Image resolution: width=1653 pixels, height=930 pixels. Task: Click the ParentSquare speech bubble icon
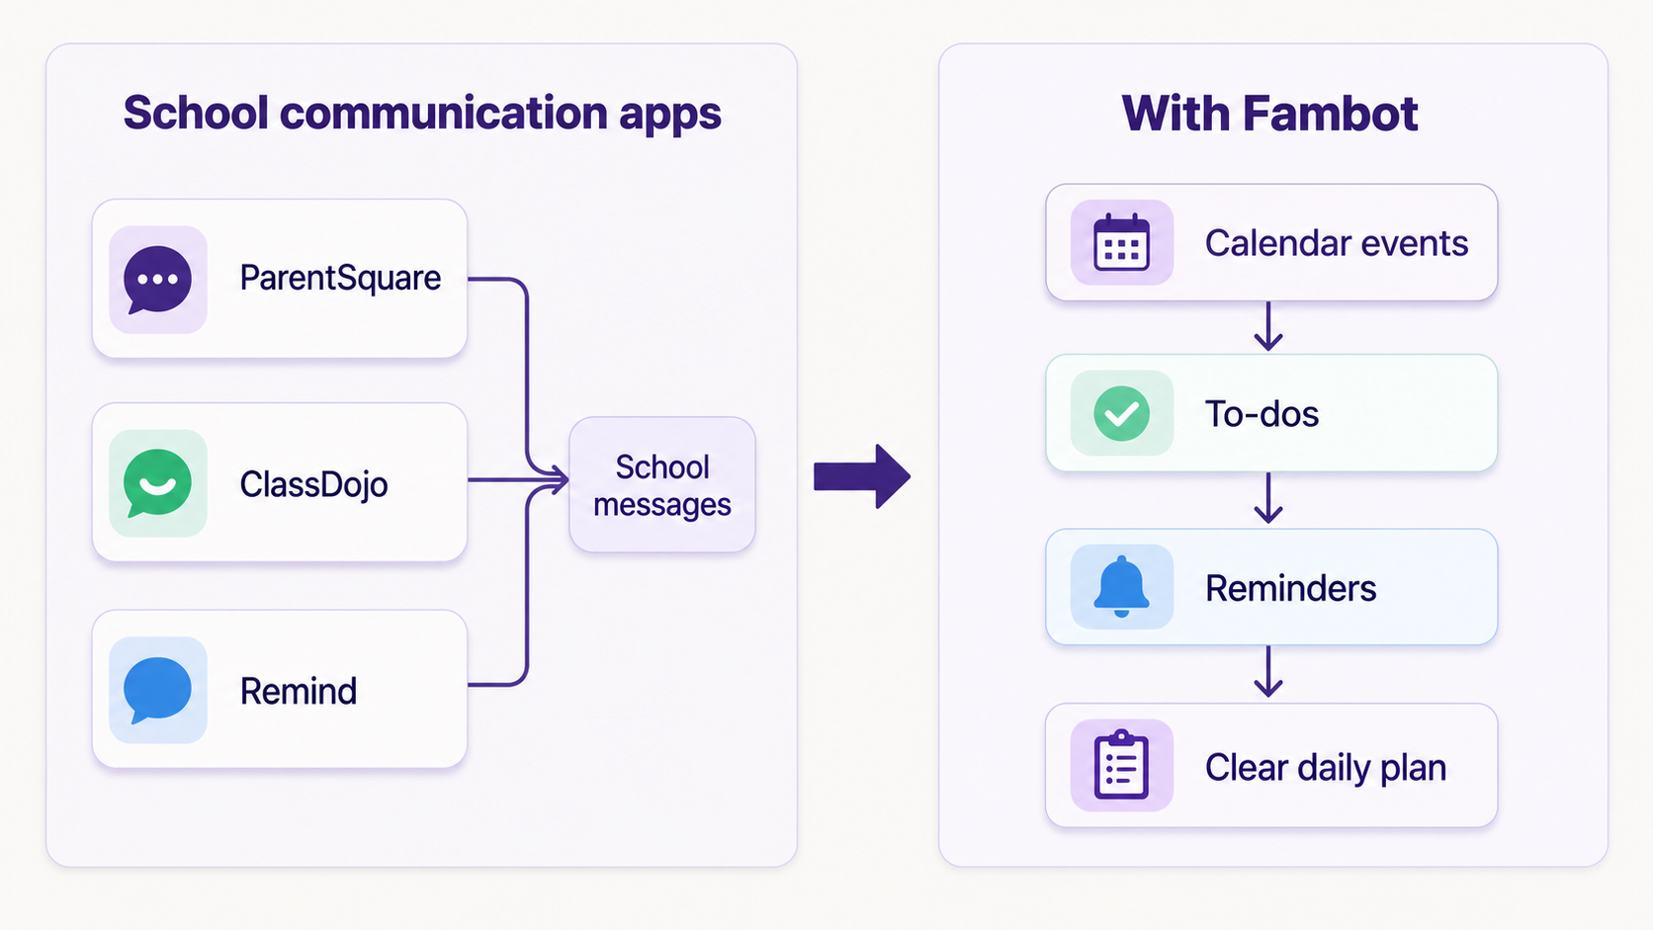tap(157, 280)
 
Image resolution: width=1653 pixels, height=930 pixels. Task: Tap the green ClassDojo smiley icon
tap(157, 484)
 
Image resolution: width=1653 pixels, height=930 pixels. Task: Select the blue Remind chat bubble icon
tap(157, 690)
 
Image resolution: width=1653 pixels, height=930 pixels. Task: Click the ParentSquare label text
tap(340, 279)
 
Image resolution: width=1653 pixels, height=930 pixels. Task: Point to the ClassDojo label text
tap(313, 484)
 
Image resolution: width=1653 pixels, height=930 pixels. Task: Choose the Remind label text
tap(299, 691)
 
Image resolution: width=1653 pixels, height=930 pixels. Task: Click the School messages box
tap(662, 484)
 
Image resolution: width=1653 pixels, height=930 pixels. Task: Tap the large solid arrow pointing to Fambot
tap(862, 476)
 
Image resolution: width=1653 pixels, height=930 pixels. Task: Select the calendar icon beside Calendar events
tap(1122, 243)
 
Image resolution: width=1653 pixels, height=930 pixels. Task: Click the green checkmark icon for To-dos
tap(1122, 414)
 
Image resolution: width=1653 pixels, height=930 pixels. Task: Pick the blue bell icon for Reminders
tap(1122, 587)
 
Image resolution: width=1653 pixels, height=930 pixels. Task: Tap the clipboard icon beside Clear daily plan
tap(1122, 766)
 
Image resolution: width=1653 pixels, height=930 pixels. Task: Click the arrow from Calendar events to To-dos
tap(1268, 326)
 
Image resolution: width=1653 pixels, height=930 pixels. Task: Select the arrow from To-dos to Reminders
tap(1268, 498)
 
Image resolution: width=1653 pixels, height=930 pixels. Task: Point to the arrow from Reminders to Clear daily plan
tap(1268, 672)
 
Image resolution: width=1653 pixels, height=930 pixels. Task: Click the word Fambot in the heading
tap(1330, 114)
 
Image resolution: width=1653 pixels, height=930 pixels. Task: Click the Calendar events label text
tap(1337, 243)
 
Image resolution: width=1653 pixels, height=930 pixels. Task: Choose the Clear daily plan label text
tap(1326, 768)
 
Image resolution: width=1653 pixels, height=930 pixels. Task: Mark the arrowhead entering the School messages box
tap(559, 480)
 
